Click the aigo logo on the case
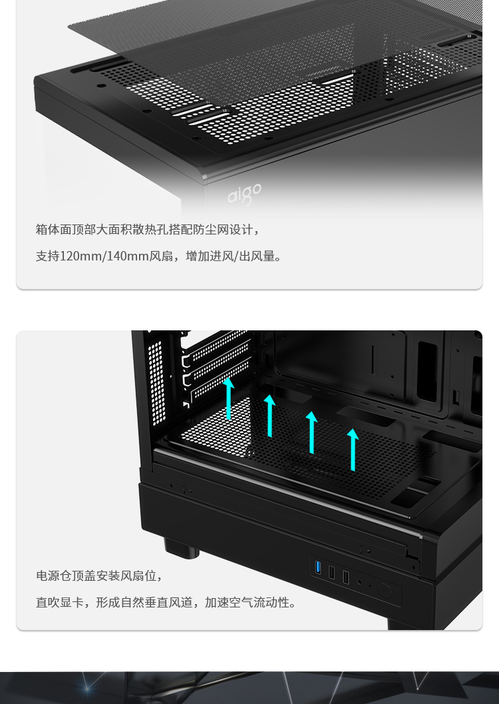click(x=244, y=194)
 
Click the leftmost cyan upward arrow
click(x=229, y=399)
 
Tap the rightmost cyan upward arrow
click(x=353, y=450)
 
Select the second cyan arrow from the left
click(x=269, y=416)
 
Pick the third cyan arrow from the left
click(x=311, y=432)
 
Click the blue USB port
click(x=318, y=567)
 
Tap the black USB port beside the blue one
click(x=332, y=572)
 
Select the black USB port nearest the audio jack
click(x=346, y=577)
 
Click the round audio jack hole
click(x=359, y=582)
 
